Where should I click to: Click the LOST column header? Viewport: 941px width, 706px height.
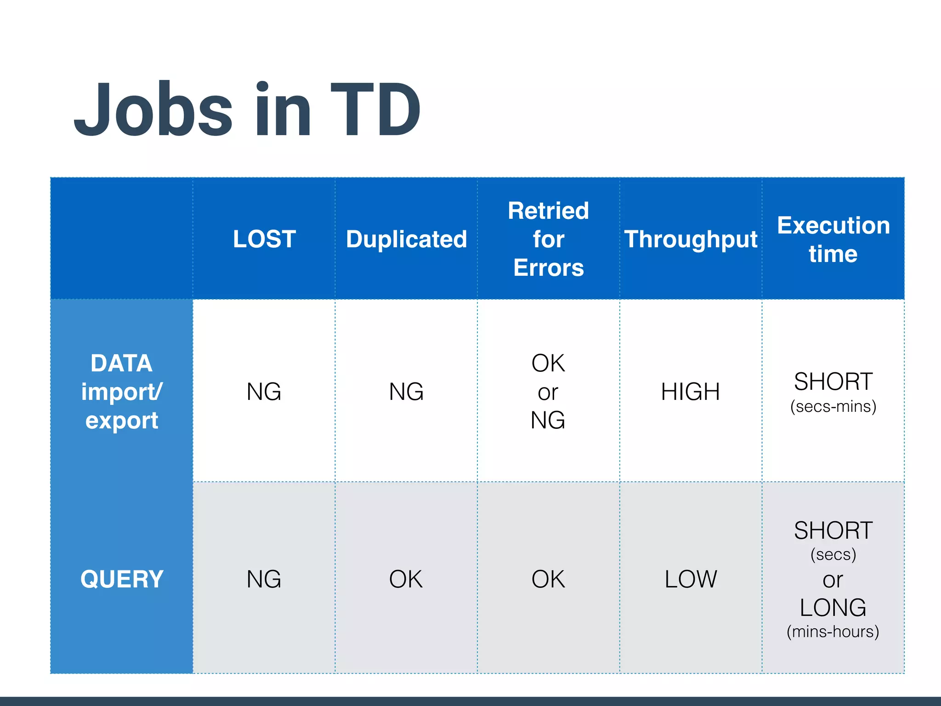pyautogui.click(x=264, y=239)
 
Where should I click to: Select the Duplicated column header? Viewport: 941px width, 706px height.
pyautogui.click(x=406, y=239)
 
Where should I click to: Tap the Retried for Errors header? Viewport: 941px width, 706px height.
pyautogui.click(x=548, y=239)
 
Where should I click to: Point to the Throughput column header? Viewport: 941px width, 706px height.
pyautogui.click(x=691, y=239)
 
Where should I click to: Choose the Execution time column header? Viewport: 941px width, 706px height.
pyautogui.click(x=833, y=239)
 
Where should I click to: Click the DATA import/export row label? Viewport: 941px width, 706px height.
pyautogui.click(x=122, y=392)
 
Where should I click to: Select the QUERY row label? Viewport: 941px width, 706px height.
pyautogui.click(x=122, y=579)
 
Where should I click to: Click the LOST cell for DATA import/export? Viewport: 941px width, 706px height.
pyautogui.click(x=264, y=392)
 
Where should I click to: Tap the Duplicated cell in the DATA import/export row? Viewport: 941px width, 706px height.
pyautogui.click(x=406, y=392)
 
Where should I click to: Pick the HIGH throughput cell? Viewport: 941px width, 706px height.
pyautogui.click(x=691, y=392)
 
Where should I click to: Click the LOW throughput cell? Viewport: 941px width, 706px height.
pyautogui.click(x=691, y=579)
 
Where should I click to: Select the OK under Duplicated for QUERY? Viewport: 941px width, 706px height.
pyautogui.click(x=406, y=579)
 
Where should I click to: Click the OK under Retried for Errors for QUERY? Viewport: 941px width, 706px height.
pyautogui.click(x=548, y=579)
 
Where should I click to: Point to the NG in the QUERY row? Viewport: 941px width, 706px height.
pyautogui.click(x=264, y=579)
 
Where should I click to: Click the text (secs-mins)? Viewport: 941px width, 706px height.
pyautogui.click(x=833, y=406)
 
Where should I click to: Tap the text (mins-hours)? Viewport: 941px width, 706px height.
pyautogui.click(x=833, y=632)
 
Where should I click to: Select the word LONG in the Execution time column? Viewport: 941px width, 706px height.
pyautogui.click(x=833, y=607)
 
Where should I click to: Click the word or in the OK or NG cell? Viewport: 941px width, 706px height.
pyautogui.click(x=548, y=392)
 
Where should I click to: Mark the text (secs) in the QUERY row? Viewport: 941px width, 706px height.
pyautogui.click(x=833, y=554)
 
